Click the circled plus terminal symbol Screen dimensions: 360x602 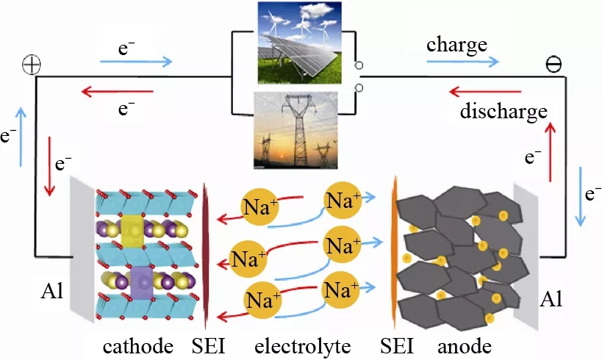pyautogui.click(x=32, y=65)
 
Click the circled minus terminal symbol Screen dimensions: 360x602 pyautogui.click(x=552, y=65)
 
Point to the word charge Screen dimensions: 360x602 pyautogui.click(x=456, y=45)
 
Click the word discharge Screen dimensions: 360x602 pyautogui.click(x=504, y=112)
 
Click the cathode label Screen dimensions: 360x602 pyautogui.click(x=137, y=345)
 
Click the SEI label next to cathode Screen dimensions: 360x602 pyautogui.click(x=208, y=345)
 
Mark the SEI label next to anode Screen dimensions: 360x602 pyautogui.click(x=398, y=345)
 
